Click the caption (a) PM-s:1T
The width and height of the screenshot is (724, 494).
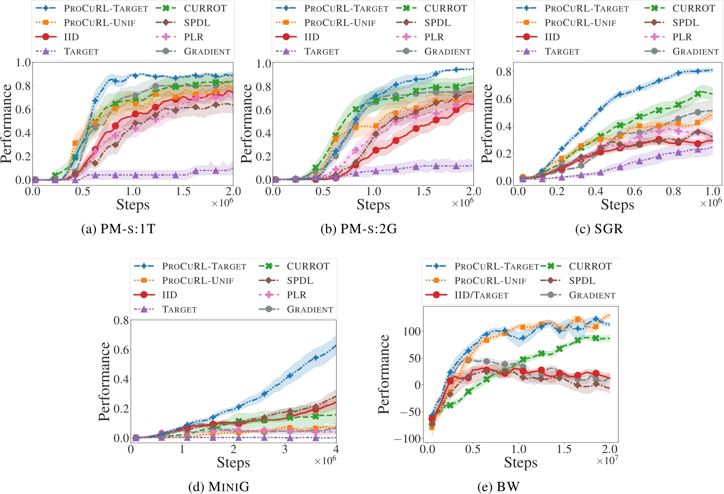point(118,229)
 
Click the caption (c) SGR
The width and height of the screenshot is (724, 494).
point(599,229)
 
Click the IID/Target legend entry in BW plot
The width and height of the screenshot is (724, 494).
point(481,295)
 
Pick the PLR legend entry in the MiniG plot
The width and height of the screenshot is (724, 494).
point(296,295)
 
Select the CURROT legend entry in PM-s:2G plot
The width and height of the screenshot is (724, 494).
point(446,9)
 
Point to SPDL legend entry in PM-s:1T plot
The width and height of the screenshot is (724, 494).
point(197,23)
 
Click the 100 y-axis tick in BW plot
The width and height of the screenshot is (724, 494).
point(411,332)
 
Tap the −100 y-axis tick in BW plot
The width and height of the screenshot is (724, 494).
point(407,439)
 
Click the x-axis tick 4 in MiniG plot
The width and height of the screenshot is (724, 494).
point(336,449)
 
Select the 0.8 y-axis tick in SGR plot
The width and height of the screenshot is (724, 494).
point(504,72)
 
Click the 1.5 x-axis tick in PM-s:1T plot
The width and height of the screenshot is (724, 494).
point(183,191)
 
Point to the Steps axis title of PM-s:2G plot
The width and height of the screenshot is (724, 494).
point(373,205)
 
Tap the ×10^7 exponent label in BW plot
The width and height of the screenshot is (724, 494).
point(607,461)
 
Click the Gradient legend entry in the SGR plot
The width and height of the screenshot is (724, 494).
point(695,52)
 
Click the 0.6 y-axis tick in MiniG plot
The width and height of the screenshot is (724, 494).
point(121,350)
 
